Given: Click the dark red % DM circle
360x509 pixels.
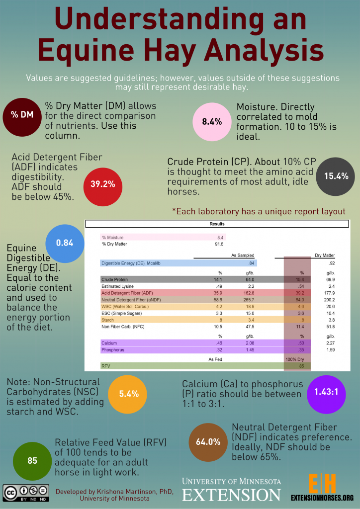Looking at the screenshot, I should click(x=22, y=115).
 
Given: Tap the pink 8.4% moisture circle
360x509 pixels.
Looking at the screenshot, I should click(x=212, y=122).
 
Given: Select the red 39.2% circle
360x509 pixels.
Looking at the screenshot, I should click(x=103, y=184).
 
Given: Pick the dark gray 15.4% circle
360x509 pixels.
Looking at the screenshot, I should click(x=336, y=175).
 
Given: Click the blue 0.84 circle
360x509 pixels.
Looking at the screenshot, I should click(x=65, y=243).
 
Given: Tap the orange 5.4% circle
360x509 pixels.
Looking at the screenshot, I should click(x=129, y=394).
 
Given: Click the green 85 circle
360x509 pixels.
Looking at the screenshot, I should click(x=32, y=460).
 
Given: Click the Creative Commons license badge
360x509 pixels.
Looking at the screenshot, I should click(x=24, y=492).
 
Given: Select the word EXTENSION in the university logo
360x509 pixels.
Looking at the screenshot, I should click(x=231, y=495).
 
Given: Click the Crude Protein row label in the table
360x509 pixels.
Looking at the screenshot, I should click(x=115, y=280).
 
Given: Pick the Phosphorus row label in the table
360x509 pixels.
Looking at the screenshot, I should click(x=113, y=350).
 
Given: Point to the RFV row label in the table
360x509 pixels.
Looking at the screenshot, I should click(x=105, y=366).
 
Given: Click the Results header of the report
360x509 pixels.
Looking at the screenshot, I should click(x=217, y=224).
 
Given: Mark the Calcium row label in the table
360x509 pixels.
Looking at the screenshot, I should click(x=109, y=342).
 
